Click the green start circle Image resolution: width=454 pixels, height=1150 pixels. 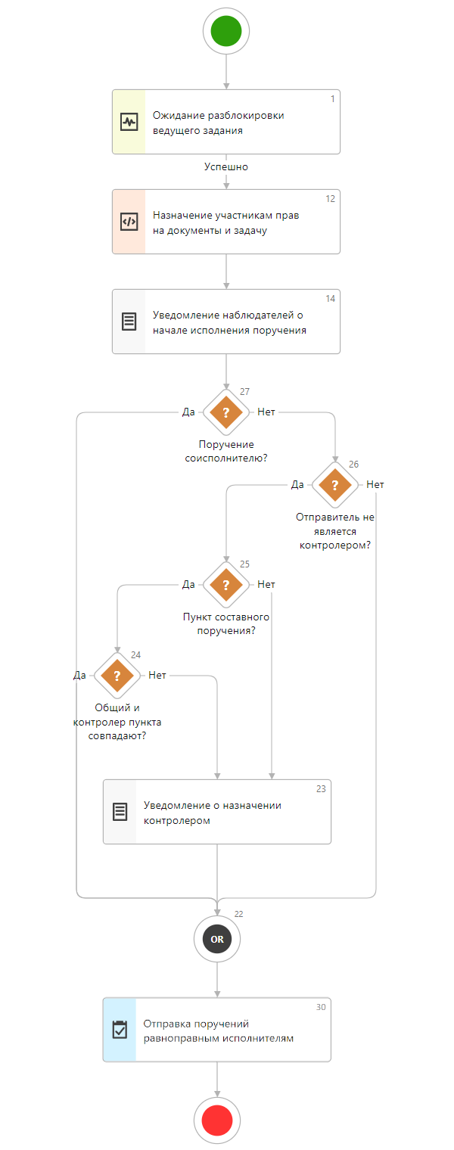[226, 31]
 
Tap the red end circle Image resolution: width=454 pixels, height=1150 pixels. [217, 1120]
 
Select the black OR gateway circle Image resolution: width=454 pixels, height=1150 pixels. [217, 939]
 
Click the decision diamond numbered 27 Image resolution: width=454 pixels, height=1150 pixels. [225, 412]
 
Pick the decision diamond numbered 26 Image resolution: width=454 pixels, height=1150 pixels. [334, 485]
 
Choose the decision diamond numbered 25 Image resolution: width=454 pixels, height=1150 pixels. [225, 585]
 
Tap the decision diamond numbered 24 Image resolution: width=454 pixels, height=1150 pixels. [117, 676]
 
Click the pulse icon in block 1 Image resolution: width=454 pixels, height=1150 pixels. [129, 122]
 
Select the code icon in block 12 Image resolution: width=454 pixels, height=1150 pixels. [129, 222]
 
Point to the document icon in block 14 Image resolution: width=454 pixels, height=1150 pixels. [129, 322]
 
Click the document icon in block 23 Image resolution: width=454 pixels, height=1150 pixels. [120, 812]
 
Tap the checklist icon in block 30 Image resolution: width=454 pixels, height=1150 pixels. [120, 1030]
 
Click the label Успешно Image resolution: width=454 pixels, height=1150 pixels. [226, 167]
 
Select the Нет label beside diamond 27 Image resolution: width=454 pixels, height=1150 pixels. [266, 412]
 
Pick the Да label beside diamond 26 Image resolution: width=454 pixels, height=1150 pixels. [297, 485]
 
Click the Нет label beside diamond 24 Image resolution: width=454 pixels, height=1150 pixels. [157, 676]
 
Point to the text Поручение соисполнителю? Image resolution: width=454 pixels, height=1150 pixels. [225, 451]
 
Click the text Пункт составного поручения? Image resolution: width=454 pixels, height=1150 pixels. [225, 623]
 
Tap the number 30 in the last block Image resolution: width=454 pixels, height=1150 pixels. [321, 1007]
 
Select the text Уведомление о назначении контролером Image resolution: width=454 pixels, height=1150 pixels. [212, 813]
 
